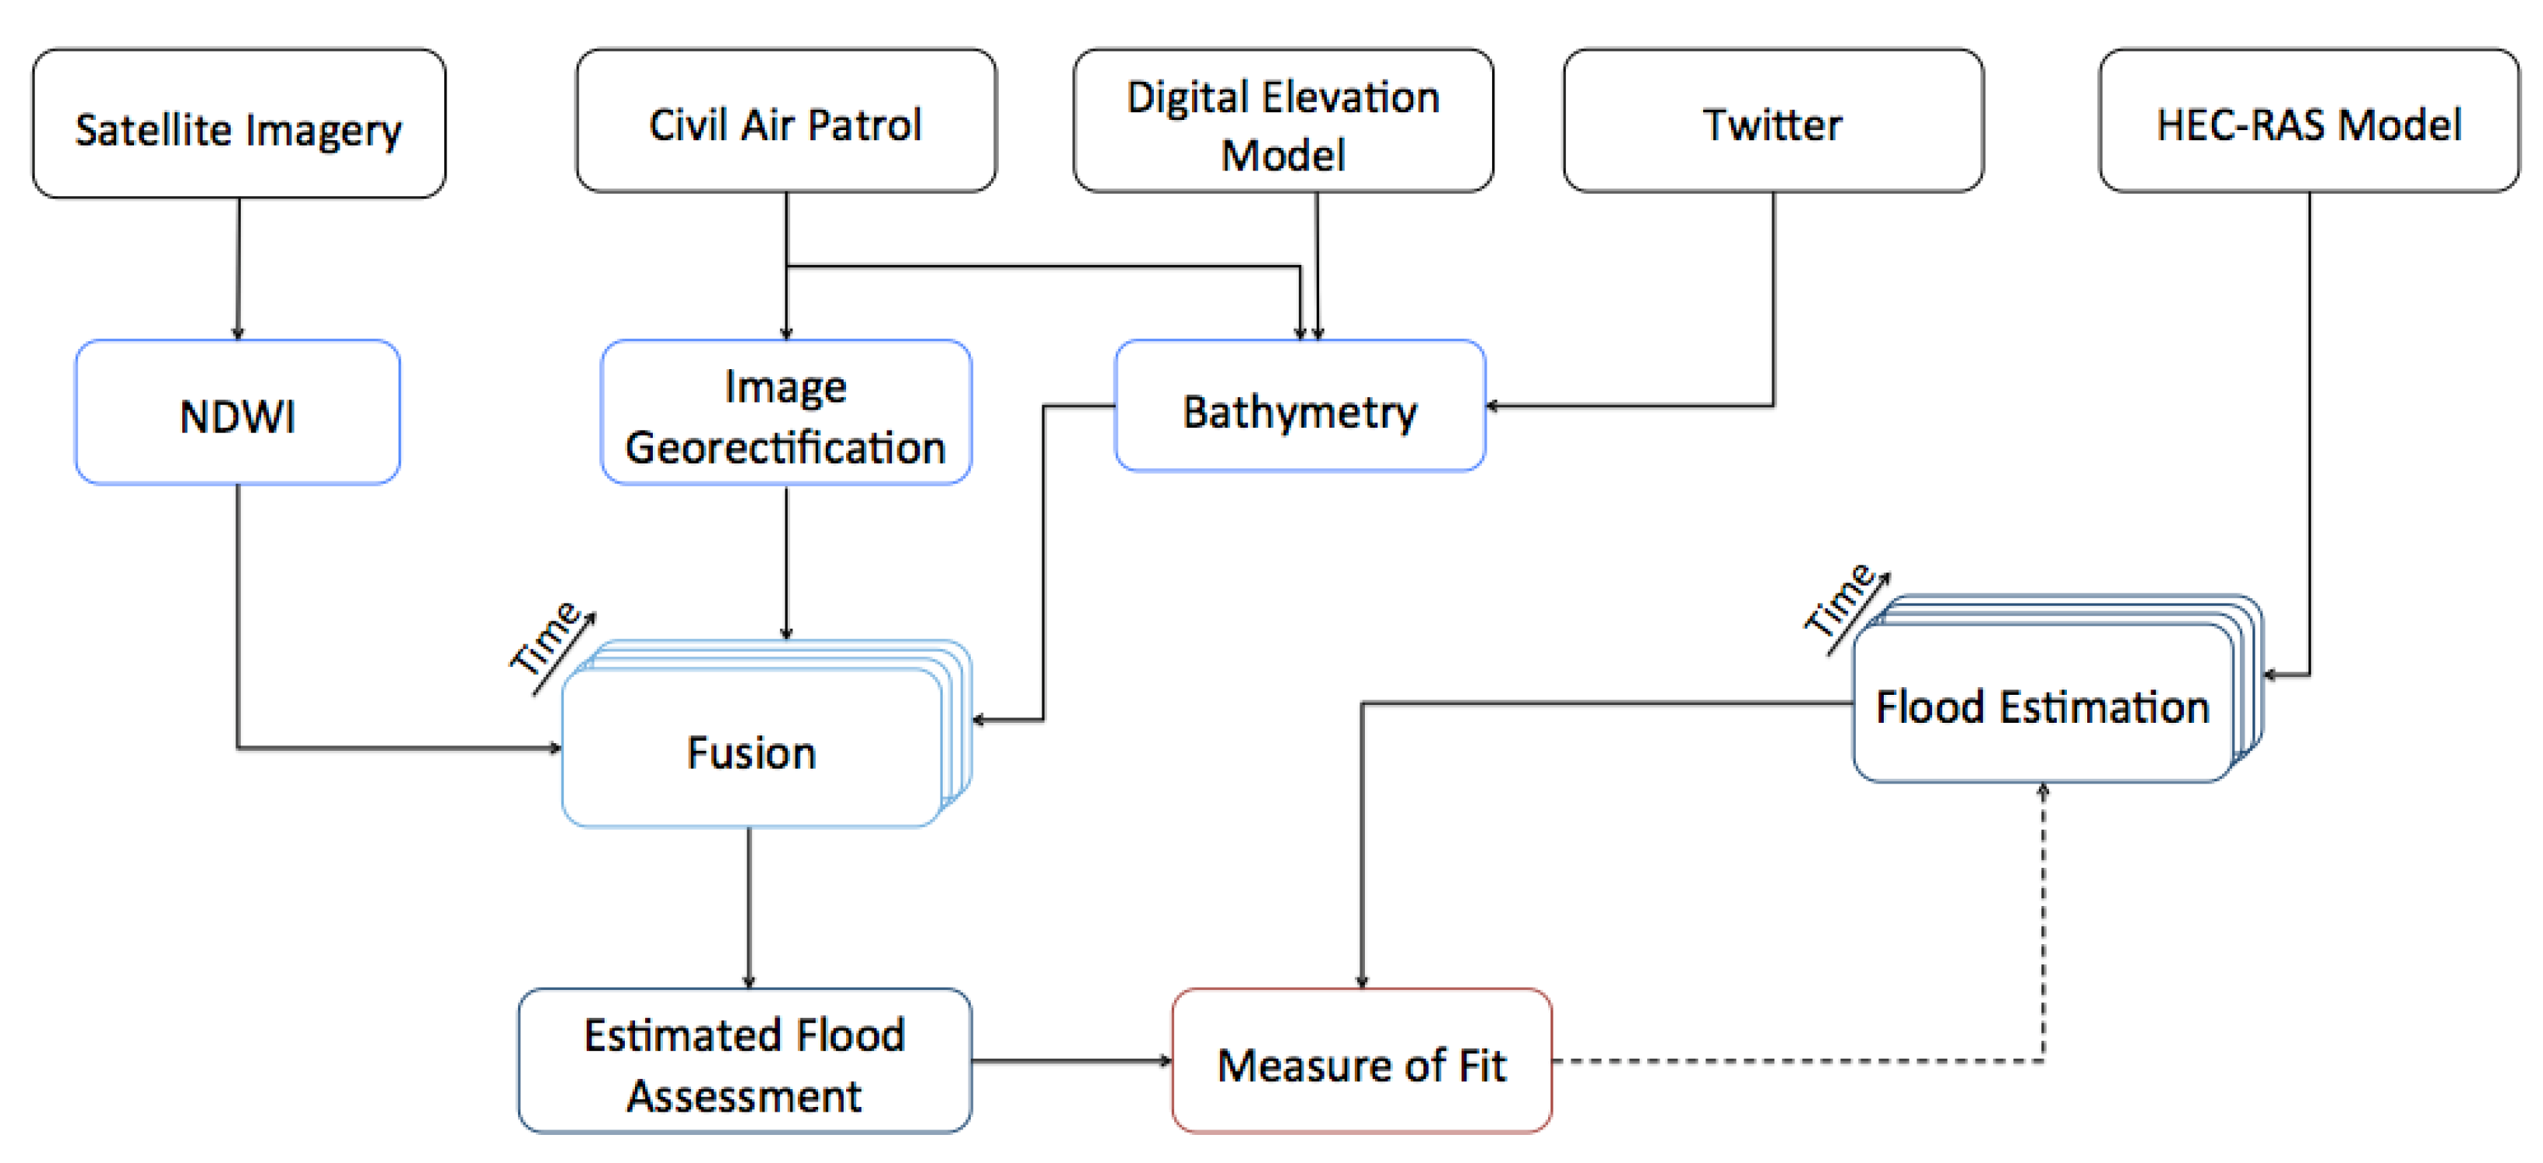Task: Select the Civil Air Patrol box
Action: tap(786, 122)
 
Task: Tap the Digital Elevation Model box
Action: tap(1282, 122)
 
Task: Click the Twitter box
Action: tap(1773, 122)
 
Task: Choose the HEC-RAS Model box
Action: tap(2308, 122)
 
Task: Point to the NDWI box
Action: tap(238, 413)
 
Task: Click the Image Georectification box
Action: tap(786, 413)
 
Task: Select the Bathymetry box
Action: tap(1299, 407)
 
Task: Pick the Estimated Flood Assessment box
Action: tap(744, 1061)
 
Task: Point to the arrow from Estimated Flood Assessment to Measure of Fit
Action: tap(1071, 1061)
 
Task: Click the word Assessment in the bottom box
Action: tap(744, 1095)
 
